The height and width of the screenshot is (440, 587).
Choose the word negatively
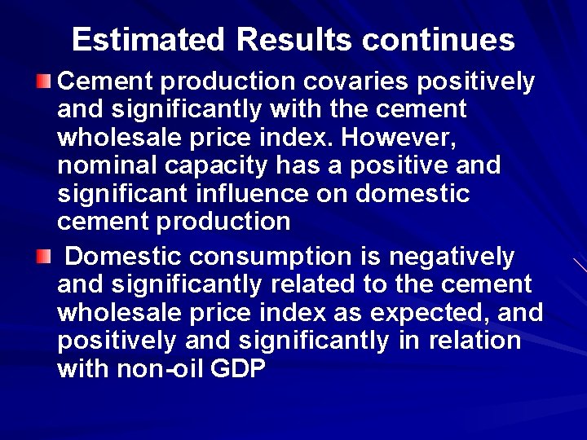click(x=452, y=257)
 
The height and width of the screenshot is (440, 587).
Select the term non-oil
click(x=161, y=369)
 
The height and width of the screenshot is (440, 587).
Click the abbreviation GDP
click(x=238, y=369)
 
